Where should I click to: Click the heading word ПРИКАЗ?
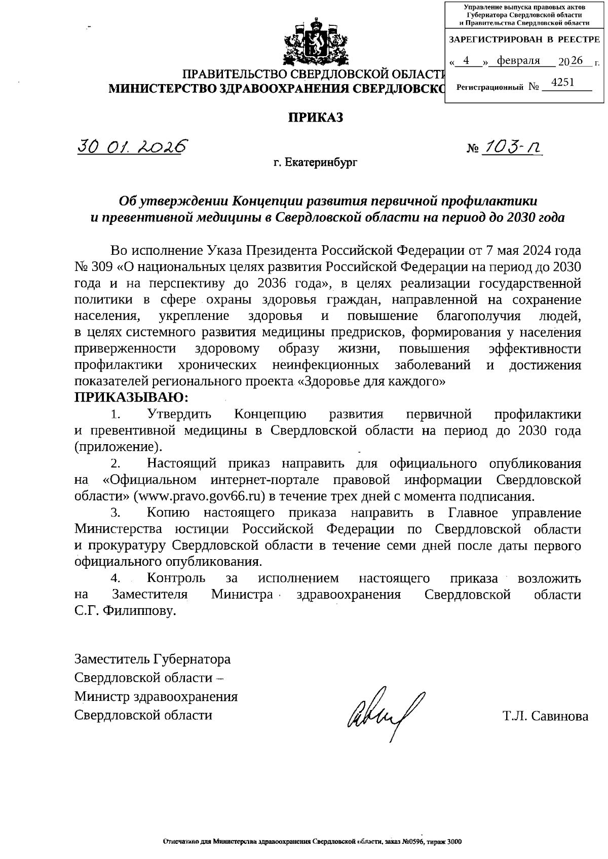point(316,118)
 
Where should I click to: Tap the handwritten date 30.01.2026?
point(131,147)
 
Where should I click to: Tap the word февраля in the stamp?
point(518,61)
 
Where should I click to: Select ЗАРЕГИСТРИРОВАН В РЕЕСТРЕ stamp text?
point(524,40)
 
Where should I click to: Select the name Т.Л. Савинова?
point(546,716)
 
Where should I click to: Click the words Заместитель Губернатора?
point(153,659)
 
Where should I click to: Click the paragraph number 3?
point(115,513)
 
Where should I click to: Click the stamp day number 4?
point(466,61)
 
